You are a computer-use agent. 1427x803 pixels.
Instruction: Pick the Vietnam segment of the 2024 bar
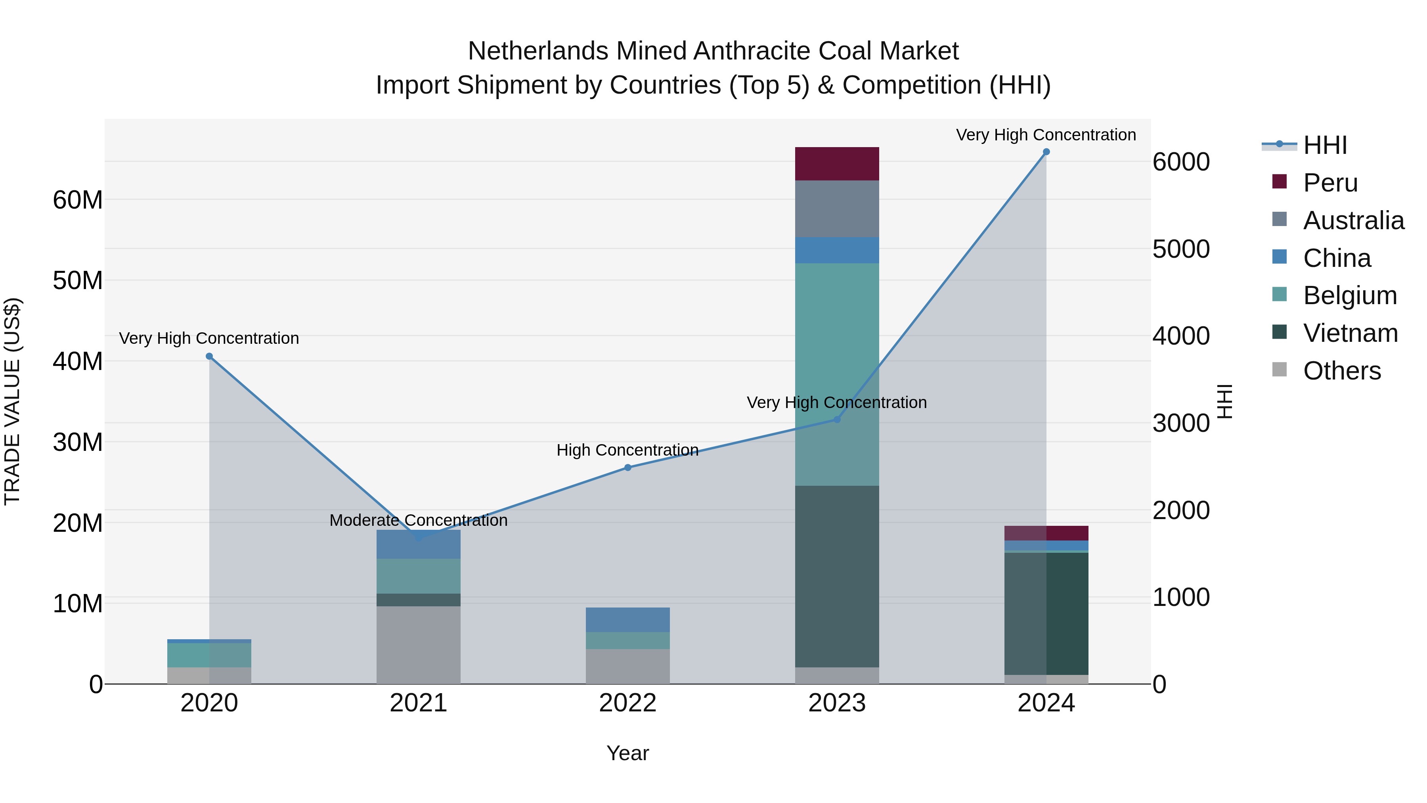(x=1046, y=613)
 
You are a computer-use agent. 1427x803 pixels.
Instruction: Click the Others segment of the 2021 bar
(x=418, y=644)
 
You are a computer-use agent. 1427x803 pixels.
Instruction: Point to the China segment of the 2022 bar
(x=627, y=619)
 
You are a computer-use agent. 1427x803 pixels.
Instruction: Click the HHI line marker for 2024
(x=1046, y=152)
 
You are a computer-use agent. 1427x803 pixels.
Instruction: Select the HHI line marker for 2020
(x=209, y=356)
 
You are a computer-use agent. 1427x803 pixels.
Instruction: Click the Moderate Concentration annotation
(x=418, y=520)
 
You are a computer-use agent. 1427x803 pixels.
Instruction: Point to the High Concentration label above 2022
(x=627, y=450)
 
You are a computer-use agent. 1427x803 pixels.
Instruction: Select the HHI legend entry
(x=1324, y=145)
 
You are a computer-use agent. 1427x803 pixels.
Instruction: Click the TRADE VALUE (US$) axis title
(x=12, y=401)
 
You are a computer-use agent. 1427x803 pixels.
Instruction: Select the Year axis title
(x=627, y=753)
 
